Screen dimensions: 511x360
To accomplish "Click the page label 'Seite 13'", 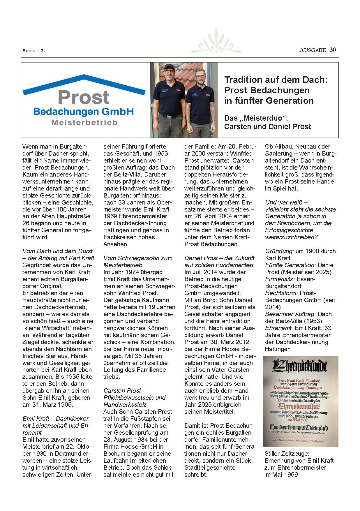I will tap(33, 51).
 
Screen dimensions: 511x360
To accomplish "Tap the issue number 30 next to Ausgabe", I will tap(333, 50).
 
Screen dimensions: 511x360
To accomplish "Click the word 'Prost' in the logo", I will tap(84, 97).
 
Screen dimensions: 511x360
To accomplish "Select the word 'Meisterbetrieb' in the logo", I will tap(84, 122).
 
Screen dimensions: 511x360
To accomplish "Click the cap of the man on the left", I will tap(169, 66).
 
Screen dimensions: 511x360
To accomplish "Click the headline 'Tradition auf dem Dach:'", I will tap(276, 80).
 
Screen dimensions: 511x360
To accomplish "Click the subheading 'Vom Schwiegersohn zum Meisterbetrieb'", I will tap(138, 262).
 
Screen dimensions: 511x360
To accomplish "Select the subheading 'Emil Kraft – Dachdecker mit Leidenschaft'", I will tap(55, 422).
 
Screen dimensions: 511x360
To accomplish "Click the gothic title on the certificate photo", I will tap(300, 366).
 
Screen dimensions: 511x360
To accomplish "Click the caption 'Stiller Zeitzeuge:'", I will tap(287, 454).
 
